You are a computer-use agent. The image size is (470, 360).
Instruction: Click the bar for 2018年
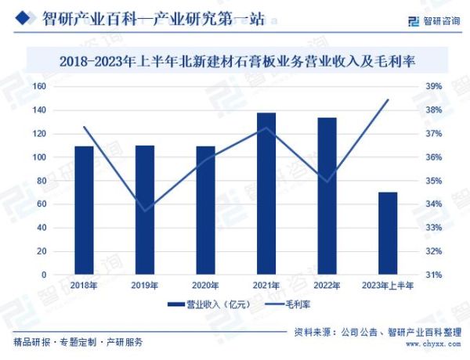84,211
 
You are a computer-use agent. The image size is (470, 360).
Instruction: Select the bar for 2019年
145,210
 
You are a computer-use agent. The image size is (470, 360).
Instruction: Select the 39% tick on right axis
433,86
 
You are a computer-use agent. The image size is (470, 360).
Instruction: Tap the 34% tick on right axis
433,204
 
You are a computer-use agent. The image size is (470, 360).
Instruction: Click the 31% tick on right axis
433,275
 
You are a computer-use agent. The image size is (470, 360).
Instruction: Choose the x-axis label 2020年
205,286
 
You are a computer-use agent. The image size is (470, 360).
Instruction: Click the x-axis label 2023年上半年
388,286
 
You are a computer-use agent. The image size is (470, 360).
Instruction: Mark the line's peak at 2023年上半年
388,99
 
